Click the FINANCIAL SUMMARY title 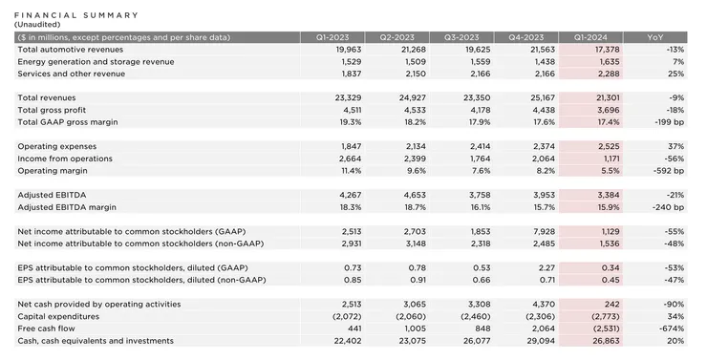coord(77,15)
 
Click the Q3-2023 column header coord(461,36)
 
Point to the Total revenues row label coord(47,97)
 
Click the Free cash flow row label coord(47,328)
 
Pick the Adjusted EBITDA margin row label coord(66,206)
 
